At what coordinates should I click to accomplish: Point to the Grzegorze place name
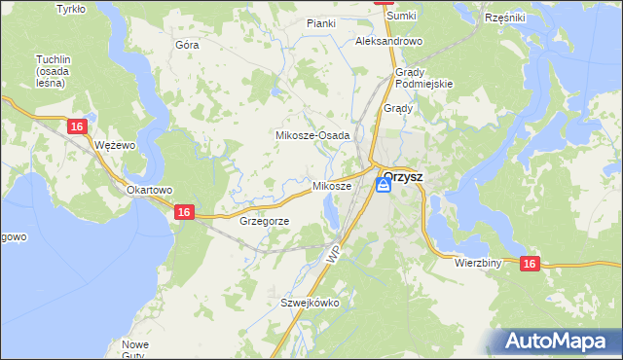point(264,221)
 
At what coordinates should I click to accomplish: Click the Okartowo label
point(149,190)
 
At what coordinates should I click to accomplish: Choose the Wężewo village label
point(114,144)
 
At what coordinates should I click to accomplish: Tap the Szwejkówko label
point(310,303)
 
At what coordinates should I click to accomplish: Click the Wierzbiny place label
point(477,263)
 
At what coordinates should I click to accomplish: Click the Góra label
point(187,45)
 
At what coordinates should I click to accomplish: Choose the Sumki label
point(401,17)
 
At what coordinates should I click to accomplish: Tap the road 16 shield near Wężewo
point(78,126)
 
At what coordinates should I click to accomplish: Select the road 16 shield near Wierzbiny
point(529,263)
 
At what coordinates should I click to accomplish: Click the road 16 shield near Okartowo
point(184,211)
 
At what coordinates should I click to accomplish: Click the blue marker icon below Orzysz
point(385,187)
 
